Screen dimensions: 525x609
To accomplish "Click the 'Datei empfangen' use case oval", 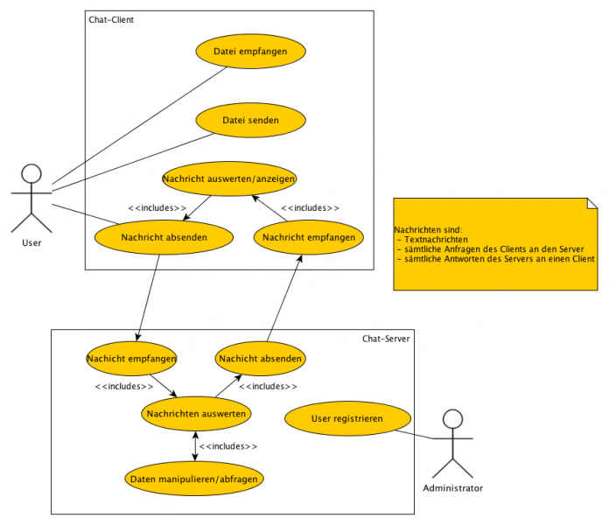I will tap(250, 52).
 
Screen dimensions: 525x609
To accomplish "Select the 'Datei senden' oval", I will tap(250, 120).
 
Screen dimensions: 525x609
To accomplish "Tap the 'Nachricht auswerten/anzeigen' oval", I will tap(229, 178).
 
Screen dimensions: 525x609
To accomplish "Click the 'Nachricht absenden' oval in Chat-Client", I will tap(164, 237).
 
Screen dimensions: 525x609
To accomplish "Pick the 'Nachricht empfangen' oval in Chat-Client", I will tap(308, 237).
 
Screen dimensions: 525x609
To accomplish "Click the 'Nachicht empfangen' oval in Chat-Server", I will tap(131, 358).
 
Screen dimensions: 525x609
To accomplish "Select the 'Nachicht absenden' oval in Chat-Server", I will tap(260, 358).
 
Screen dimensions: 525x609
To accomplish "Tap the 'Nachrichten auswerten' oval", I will tap(196, 413).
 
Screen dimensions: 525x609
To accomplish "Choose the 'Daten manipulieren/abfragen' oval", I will tap(194, 479).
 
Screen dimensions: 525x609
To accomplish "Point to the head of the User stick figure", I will tap(31, 172).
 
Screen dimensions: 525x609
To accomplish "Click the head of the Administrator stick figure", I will tap(452, 419).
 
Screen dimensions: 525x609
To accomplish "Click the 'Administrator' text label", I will tap(452, 488).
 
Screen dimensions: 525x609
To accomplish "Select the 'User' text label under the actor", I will tap(31, 241).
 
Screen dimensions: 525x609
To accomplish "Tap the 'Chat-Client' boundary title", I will tap(111, 19).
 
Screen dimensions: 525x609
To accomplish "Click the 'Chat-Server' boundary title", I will tap(386, 339).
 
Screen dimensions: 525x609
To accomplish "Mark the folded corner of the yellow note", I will tap(592, 203).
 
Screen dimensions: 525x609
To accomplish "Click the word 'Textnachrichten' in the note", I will tap(436, 239).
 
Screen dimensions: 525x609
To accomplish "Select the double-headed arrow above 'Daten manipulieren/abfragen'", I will tap(194, 445).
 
